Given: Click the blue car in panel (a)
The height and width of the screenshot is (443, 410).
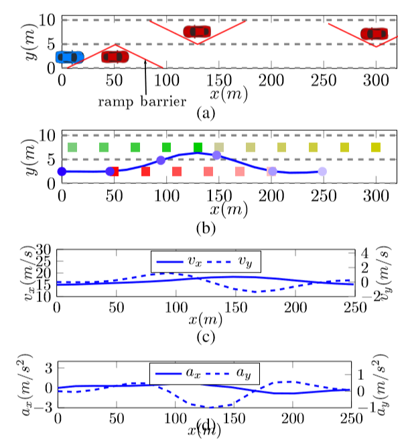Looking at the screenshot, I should [x=70, y=57].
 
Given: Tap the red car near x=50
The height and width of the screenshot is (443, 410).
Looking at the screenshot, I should [x=115, y=56].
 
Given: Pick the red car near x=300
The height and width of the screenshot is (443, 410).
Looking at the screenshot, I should [x=374, y=34].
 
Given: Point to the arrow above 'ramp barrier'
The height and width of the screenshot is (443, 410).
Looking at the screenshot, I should [x=145, y=78].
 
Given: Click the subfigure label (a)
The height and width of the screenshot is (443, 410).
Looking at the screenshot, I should [x=206, y=113].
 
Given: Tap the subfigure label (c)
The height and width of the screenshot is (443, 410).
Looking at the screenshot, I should [x=204, y=336].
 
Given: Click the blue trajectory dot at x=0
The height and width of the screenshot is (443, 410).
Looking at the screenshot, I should [x=62, y=172].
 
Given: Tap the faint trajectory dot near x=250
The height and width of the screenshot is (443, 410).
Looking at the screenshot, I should [x=322, y=172].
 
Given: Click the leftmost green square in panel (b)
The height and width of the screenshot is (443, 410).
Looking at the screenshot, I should [x=72, y=147].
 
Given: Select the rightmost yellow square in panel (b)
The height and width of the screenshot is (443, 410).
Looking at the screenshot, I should [x=376, y=147].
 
